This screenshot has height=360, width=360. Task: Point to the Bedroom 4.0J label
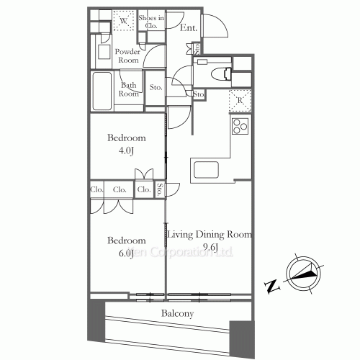(x=127, y=143)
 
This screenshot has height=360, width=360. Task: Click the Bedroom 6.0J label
(x=127, y=247)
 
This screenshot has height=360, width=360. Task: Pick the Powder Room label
(x=127, y=57)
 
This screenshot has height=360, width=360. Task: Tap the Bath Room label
(x=129, y=89)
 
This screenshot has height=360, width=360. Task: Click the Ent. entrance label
(x=189, y=29)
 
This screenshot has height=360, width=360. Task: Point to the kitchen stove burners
(x=239, y=128)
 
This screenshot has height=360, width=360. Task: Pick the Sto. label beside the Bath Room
(x=156, y=89)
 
